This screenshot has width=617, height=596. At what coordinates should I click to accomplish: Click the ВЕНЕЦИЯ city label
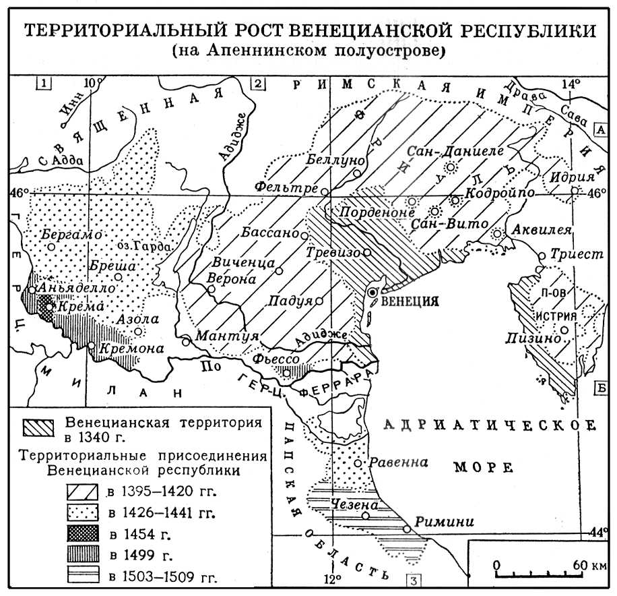[410, 301]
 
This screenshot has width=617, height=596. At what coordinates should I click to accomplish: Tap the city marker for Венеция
[372, 292]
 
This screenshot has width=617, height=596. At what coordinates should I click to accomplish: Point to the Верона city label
[234, 277]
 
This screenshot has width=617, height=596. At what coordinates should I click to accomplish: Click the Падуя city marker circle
[319, 301]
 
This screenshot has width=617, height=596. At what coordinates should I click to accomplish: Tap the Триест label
[566, 256]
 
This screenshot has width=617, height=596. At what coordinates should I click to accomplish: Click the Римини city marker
[407, 529]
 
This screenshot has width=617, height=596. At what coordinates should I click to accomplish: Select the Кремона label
[131, 349]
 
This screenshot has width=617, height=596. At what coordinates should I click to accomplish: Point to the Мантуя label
[218, 334]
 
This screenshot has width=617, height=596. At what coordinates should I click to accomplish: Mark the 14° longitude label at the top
[571, 84]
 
